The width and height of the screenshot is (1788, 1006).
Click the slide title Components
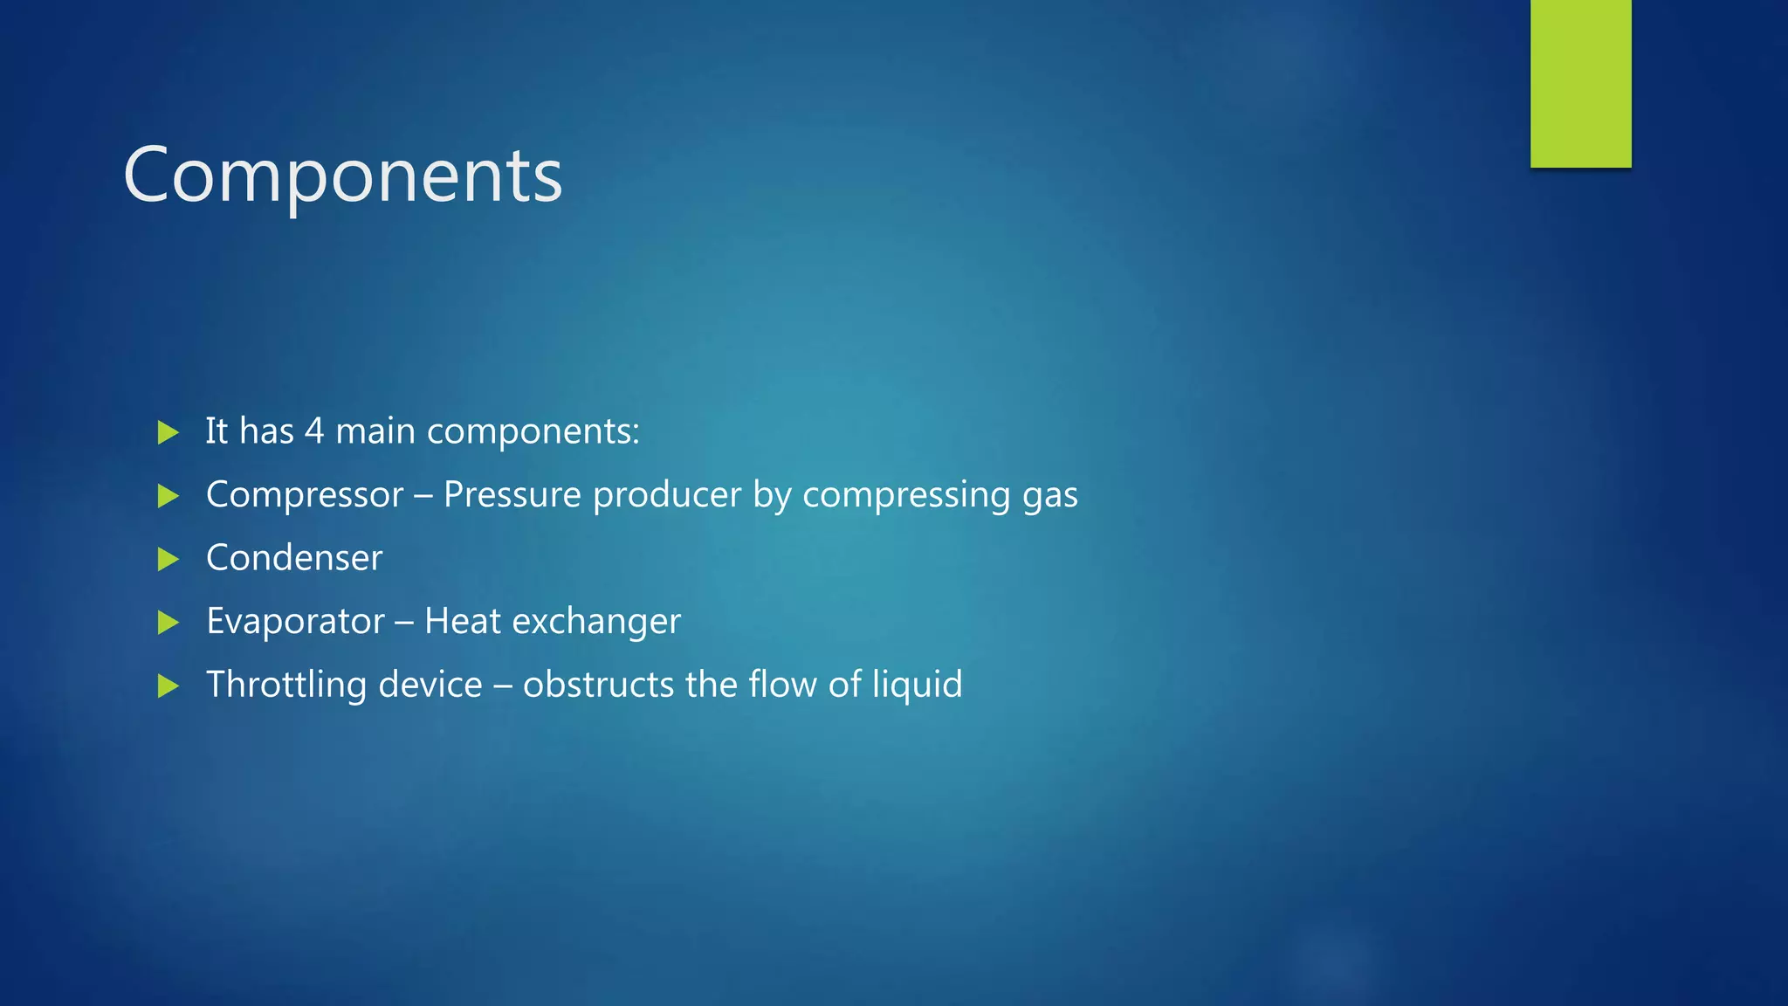343,176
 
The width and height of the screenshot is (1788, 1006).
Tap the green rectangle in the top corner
1580,83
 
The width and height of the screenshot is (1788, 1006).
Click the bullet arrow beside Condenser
168,559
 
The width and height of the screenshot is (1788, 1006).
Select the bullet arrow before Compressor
168,496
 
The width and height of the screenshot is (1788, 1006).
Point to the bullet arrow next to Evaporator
168,623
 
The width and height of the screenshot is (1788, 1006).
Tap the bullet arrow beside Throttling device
168,686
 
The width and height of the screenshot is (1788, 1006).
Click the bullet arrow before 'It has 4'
168,432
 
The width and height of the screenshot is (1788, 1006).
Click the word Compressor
305,495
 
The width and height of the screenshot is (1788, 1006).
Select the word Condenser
294,558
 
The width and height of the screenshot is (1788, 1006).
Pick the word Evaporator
295,622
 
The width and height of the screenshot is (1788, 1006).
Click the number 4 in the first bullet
314,431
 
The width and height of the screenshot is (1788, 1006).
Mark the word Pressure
512,495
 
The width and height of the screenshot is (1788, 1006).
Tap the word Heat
462,622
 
